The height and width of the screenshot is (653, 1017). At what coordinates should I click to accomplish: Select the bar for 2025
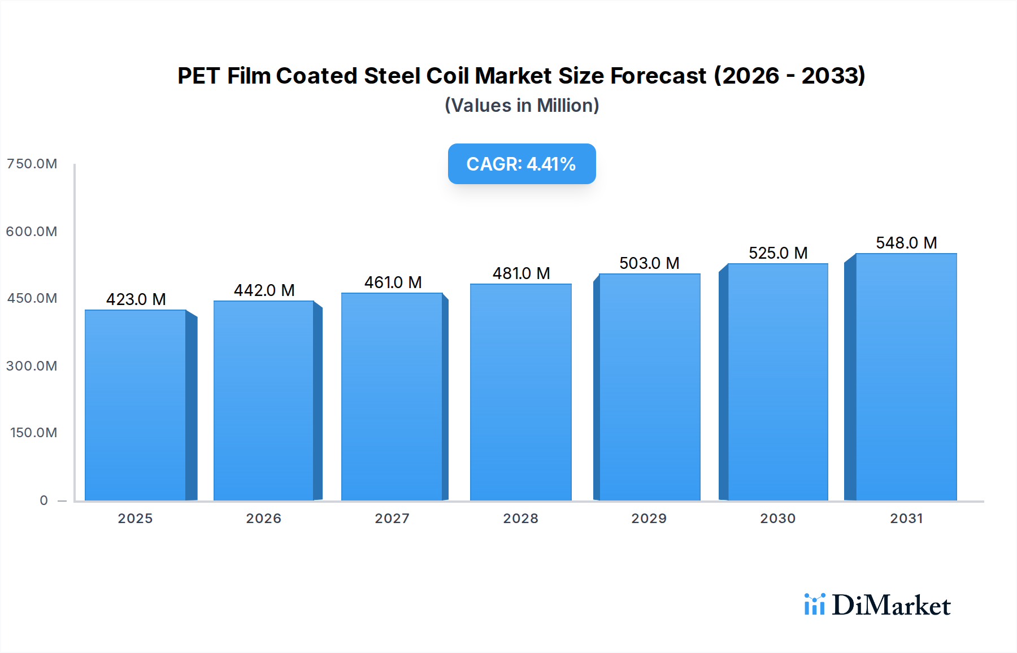136,405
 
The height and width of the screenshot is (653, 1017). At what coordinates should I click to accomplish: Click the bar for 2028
520,392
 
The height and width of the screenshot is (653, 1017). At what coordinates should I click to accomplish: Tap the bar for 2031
906,377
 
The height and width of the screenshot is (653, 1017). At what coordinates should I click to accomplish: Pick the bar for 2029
649,387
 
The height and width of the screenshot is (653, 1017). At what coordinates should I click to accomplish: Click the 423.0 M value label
136,299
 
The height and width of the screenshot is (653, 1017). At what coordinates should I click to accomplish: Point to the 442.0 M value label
264,290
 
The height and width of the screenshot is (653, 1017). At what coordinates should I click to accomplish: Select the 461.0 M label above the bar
393,282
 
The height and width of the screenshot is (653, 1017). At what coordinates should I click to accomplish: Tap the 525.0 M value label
777,253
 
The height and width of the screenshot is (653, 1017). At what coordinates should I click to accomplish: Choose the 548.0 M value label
906,243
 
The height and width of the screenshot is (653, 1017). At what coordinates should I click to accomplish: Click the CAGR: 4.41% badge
521,164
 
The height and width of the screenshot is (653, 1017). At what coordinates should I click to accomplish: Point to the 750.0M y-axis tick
32,164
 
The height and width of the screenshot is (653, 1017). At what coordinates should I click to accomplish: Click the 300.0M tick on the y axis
32,366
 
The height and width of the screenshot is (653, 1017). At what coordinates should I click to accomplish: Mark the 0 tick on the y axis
44,500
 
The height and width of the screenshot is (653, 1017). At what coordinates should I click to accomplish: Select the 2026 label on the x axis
263,519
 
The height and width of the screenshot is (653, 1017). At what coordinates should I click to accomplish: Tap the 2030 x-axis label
777,519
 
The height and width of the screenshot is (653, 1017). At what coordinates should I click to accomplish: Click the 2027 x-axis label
392,519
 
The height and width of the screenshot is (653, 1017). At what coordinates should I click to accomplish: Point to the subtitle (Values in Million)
521,106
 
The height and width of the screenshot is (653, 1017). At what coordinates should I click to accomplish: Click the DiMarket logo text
891,606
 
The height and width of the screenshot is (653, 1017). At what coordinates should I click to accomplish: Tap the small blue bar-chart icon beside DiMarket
814,604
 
